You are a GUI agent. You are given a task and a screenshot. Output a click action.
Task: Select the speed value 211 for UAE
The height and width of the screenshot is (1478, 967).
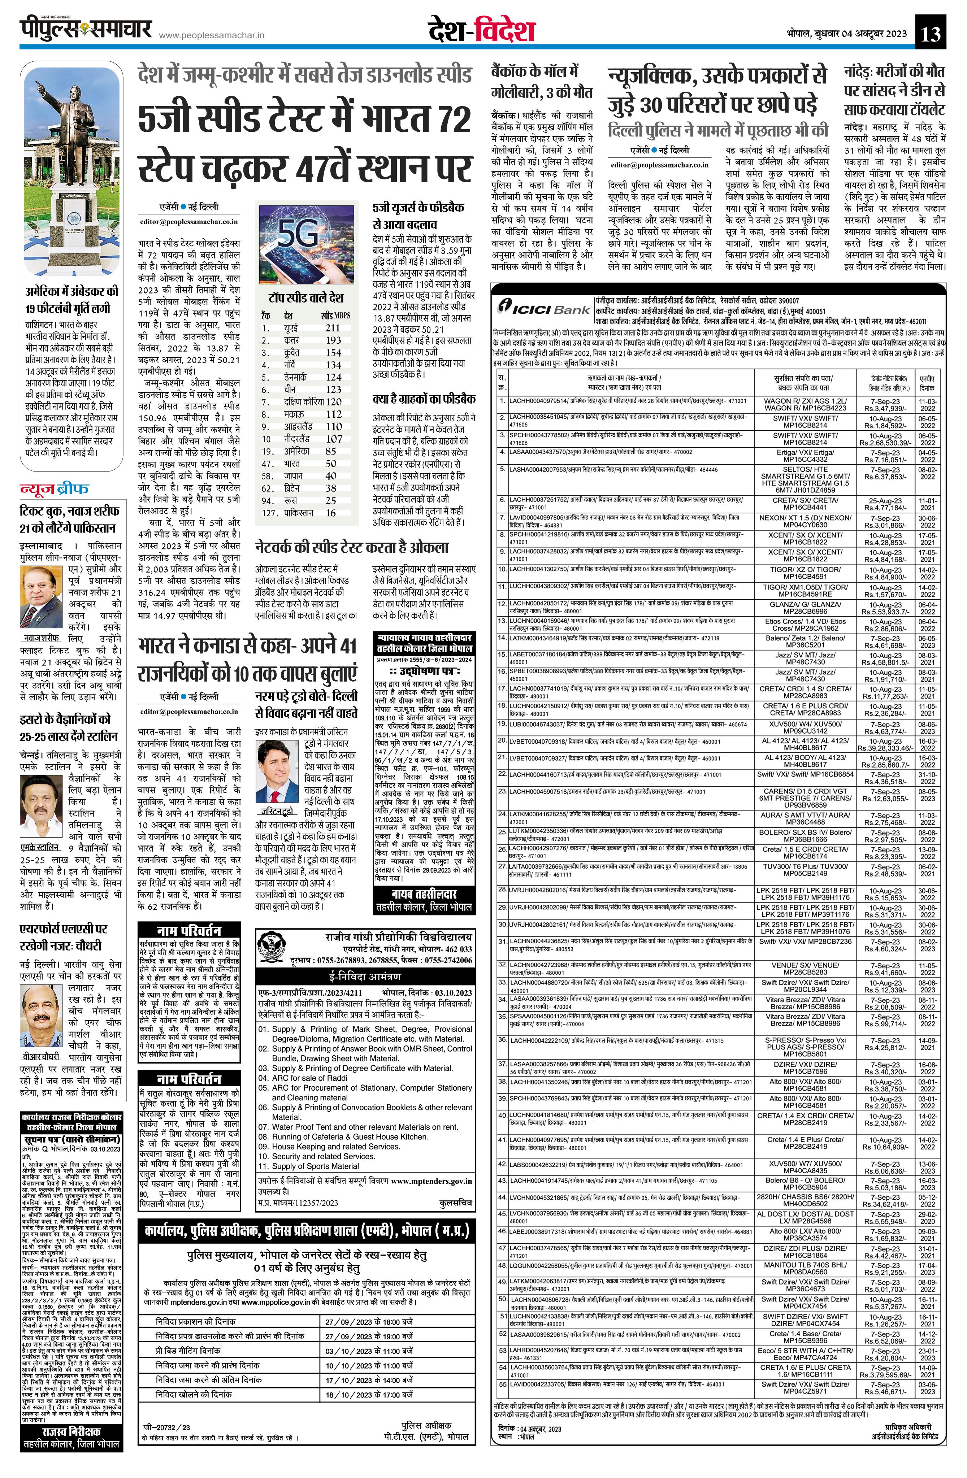(x=333, y=327)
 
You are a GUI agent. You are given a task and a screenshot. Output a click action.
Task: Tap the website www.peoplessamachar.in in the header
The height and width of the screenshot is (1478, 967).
(x=211, y=35)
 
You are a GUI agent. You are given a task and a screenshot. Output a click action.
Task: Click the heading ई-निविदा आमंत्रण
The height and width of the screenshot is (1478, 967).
(x=365, y=976)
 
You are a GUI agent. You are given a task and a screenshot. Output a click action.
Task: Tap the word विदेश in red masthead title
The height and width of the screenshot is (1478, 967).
(x=505, y=31)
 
